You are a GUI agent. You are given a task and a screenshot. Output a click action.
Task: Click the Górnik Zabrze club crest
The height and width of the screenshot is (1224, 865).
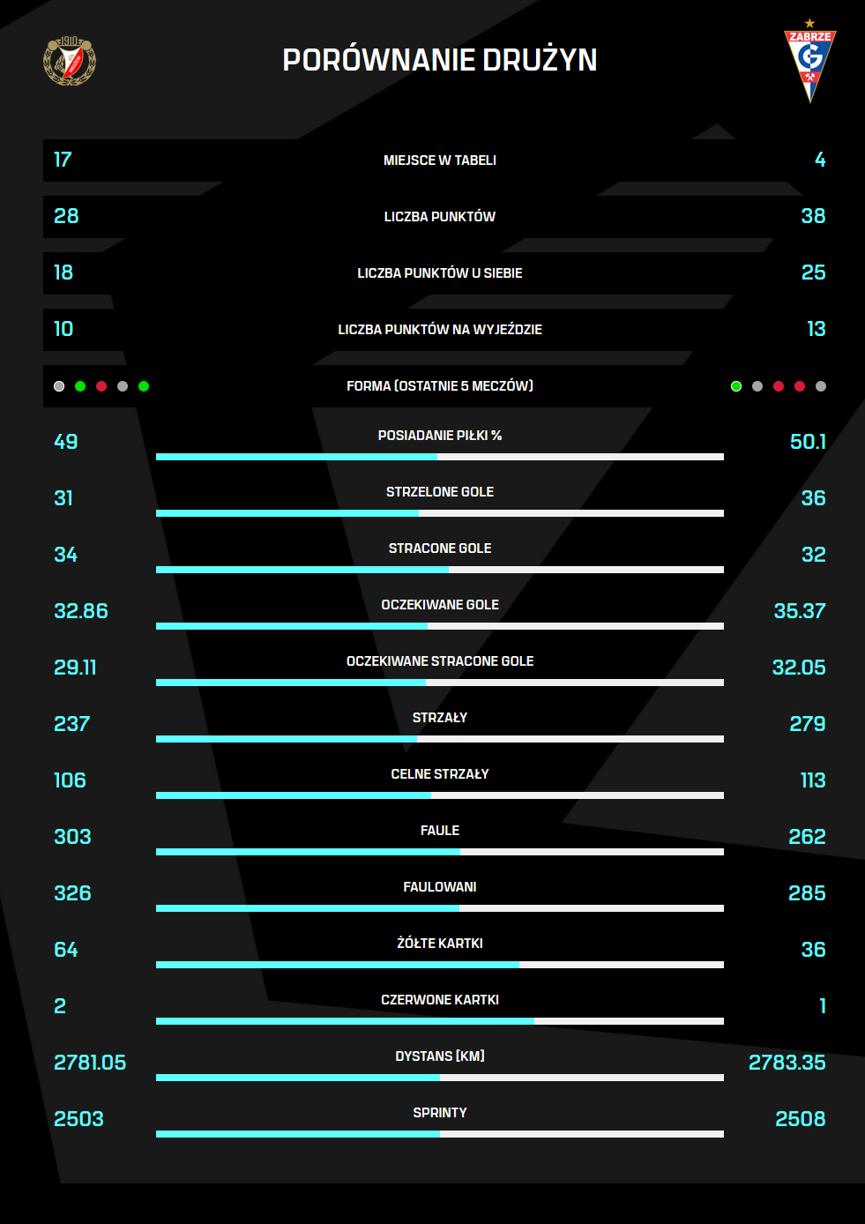(x=809, y=62)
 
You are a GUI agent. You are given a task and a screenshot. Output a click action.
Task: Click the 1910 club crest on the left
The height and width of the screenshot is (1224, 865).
(x=70, y=61)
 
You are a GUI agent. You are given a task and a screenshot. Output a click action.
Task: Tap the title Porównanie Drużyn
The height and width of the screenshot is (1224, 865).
(x=439, y=60)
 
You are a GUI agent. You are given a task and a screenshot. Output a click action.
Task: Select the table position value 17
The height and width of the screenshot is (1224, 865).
(x=63, y=160)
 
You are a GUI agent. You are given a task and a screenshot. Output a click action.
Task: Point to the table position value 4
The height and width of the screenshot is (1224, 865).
(x=819, y=160)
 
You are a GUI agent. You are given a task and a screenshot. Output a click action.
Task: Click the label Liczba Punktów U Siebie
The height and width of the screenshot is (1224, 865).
(x=439, y=273)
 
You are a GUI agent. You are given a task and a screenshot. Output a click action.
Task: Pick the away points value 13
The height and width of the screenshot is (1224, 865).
(x=816, y=329)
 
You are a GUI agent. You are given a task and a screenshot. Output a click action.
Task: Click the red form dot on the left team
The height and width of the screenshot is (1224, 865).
(x=101, y=386)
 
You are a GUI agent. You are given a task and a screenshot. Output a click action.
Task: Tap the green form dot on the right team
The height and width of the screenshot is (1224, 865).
(x=736, y=386)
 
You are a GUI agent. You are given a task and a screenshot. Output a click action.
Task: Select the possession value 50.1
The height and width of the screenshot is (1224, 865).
(x=807, y=442)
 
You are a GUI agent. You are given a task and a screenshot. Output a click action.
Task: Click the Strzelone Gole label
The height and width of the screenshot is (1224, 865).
(x=439, y=492)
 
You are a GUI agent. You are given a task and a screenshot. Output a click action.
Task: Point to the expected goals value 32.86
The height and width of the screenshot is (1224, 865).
(x=81, y=611)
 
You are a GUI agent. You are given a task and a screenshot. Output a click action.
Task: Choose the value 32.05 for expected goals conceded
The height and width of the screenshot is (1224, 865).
(x=798, y=668)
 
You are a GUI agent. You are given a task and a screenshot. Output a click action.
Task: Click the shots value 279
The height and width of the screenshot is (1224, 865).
(x=807, y=724)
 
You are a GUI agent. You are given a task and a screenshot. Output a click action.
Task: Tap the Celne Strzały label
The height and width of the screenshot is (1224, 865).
(x=439, y=774)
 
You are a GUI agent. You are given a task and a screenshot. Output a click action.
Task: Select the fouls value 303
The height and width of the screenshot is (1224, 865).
(x=72, y=837)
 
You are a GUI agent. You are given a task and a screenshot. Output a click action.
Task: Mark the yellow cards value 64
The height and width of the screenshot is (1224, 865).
(x=66, y=950)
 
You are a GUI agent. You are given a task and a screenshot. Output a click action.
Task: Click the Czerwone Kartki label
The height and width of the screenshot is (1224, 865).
(x=439, y=1000)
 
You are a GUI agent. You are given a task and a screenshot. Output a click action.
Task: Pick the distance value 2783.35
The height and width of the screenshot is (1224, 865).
(x=787, y=1063)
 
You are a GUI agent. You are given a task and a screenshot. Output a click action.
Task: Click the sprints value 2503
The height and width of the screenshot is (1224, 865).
(x=78, y=1119)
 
